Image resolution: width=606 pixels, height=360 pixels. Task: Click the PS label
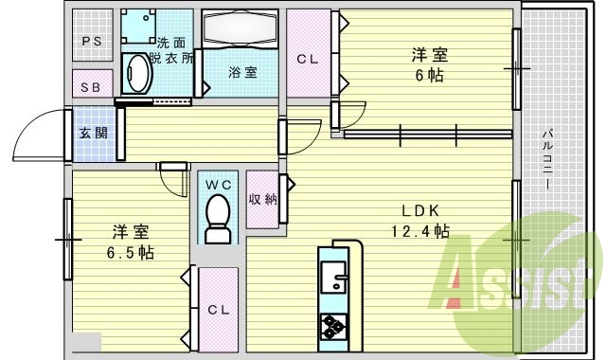coord(92,41)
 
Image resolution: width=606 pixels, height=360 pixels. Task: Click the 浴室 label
coord(242,73)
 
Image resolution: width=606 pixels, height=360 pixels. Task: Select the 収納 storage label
coord(263,199)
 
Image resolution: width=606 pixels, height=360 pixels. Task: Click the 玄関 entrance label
coord(92,133)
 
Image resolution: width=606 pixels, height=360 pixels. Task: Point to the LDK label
coord(420,210)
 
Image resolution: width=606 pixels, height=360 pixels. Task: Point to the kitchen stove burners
coord(335,325)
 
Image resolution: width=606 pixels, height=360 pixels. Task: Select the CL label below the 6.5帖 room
coord(218,309)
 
